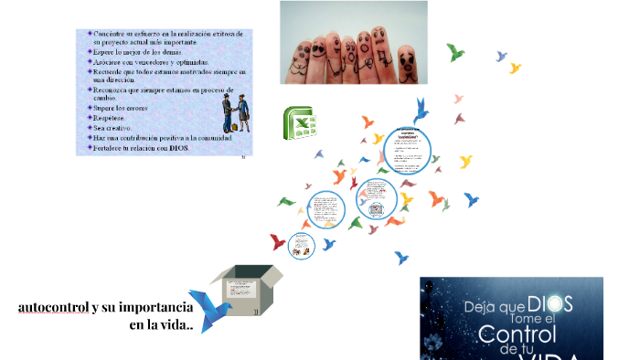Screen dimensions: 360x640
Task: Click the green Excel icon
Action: [299, 124]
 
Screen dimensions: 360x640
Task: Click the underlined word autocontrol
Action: [53, 307]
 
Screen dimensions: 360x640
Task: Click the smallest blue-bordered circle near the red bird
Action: [301, 245]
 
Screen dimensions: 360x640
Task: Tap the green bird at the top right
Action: [454, 52]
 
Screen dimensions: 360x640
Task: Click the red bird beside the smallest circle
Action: [278, 242]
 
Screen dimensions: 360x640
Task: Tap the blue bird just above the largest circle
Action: [421, 111]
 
